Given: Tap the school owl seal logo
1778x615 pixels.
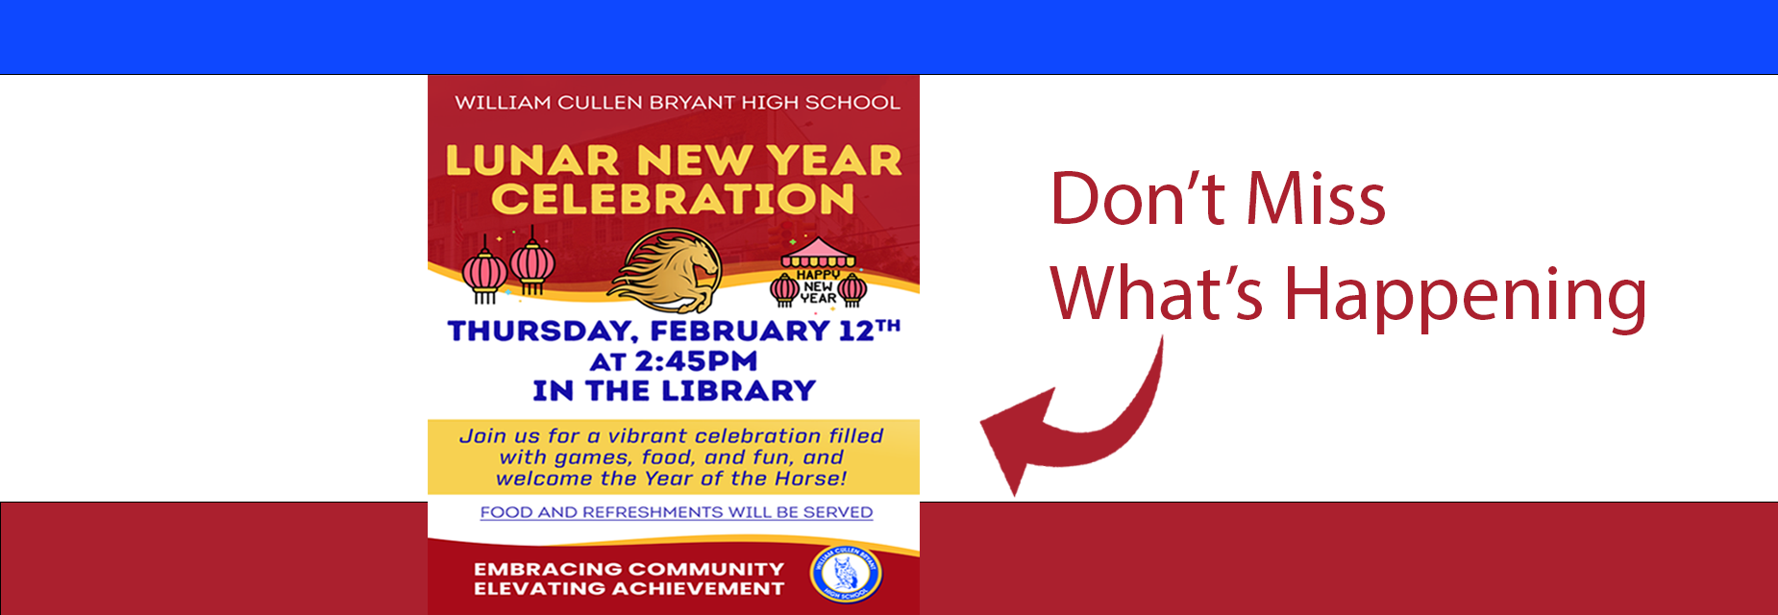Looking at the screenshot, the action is pyautogui.click(x=846, y=574).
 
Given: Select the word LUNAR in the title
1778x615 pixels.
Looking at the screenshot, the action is pyautogui.click(x=532, y=160).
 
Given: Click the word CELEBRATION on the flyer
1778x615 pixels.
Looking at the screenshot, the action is pyautogui.click(x=673, y=200).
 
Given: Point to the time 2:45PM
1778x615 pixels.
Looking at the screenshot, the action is pyautogui.click(x=696, y=361).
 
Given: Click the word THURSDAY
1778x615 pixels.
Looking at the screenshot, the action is pyautogui.click(x=542, y=332).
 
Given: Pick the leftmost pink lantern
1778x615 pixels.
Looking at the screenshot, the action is pyautogui.click(x=485, y=272).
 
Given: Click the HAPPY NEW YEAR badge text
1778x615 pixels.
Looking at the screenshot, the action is pyautogui.click(x=818, y=286).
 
